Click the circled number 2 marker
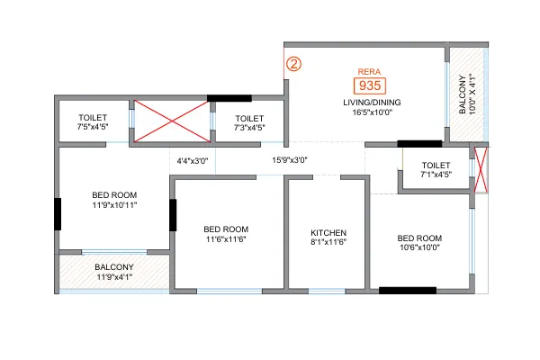click(x=293, y=64)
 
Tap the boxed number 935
click(x=370, y=85)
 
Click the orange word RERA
click(x=369, y=72)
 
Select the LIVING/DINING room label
click(x=372, y=103)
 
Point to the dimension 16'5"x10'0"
click(x=373, y=112)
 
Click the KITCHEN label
click(x=328, y=233)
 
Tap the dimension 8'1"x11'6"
click(x=328, y=242)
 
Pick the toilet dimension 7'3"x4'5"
click(x=249, y=128)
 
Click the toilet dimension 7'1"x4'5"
click(x=436, y=175)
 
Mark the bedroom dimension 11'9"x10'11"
click(x=114, y=205)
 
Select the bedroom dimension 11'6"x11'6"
click(x=226, y=239)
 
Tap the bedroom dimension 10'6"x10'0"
click(x=419, y=247)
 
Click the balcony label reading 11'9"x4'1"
click(x=114, y=276)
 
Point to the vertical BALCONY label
click(x=463, y=94)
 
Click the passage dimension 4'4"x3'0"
click(x=193, y=161)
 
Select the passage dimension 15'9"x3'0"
click(x=290, y=160)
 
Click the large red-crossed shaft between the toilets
click(x=172, y=121)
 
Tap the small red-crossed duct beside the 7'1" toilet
click(x=481, y=170)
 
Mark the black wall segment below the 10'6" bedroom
click(x=408, y=291)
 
